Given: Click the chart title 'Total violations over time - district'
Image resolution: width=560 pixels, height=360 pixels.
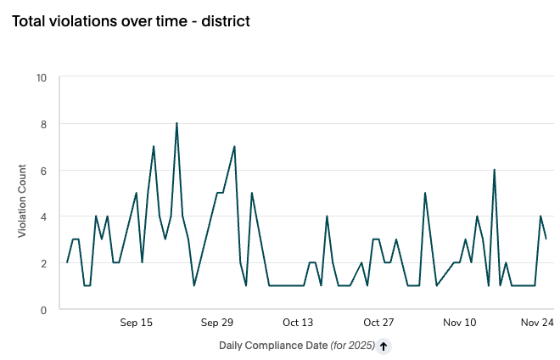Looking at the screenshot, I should (130, 21).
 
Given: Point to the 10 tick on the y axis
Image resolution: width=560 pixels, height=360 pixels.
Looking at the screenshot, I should (42, 78).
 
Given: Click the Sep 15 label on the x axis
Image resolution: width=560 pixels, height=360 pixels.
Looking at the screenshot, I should (136, 323).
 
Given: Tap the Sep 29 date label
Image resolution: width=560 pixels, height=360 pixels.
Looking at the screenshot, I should (217, 323).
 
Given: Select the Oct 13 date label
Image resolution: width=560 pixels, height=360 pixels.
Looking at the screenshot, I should (298, 323).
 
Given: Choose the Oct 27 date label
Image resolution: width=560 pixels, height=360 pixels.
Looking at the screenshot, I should (378, 323).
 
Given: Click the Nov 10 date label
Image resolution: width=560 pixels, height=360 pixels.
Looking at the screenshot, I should (459, 323).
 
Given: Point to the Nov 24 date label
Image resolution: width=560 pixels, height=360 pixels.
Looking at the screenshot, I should (537, 323).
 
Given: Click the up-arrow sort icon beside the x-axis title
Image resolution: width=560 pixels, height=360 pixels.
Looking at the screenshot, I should (384, 346).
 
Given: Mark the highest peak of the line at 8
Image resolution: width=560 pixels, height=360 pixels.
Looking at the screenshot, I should (176, 124).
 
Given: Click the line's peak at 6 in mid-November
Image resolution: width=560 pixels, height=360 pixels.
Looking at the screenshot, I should (494, 171).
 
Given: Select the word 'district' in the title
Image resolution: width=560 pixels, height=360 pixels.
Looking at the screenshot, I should (223, 21).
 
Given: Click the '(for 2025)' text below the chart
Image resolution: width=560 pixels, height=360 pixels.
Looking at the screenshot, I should (351, 346).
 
